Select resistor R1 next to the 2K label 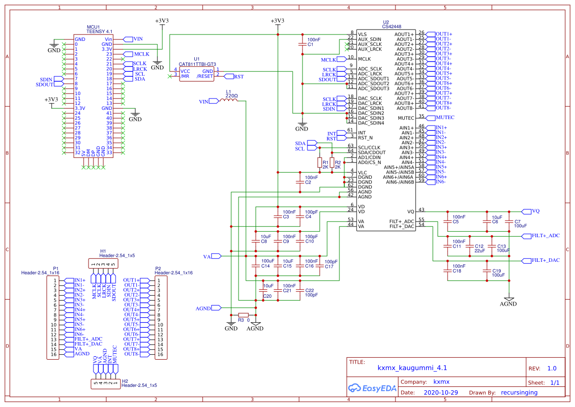tap(319, 163)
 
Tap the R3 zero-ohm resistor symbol tap(243, 314)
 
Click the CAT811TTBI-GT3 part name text tap(197, 64)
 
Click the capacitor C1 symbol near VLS tap(303, 44)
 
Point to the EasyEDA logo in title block tap(371, 387)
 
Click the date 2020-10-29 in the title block tap(441, 393)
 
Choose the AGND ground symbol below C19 tap(509, 299)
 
